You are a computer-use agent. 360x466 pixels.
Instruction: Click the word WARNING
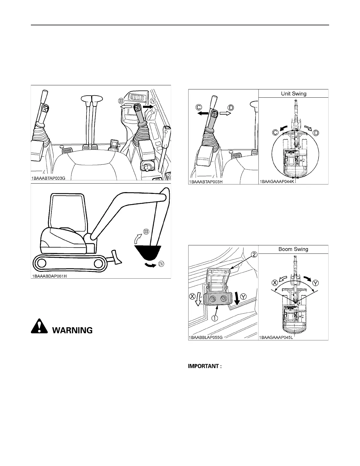pyautogui.click(x=72, y=330)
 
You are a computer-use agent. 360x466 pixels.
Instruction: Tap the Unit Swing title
pyautogui.click(x=293, y=94)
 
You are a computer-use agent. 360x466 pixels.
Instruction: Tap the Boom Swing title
pyautogui.click(x=293, y=249)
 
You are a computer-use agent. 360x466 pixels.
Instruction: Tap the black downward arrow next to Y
pyautogui.click(x=237, y=298)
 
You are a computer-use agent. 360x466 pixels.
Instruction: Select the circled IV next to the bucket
pyautogui.click(x=161, y=264)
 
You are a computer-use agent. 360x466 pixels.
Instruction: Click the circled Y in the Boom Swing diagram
pyautogui.click(x=315, y=283)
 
